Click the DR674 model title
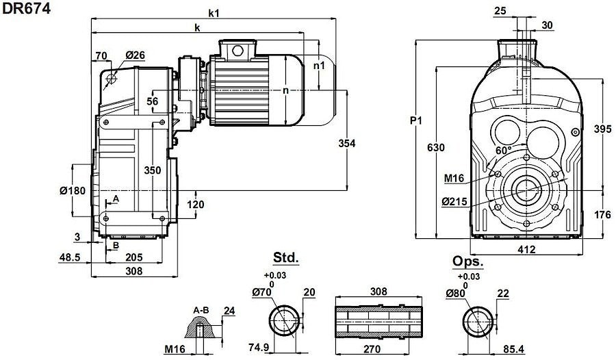pos(25,10)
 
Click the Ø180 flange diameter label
pos(73,190)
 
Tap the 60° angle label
pos(503,150)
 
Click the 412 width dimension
pos(526,250)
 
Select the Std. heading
pos(286,259)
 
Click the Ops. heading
pos(468,262)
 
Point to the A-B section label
pos(201,310)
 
